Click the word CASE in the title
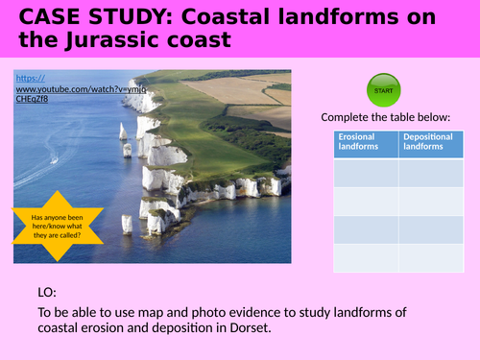(39, 17)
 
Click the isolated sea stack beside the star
(127, 224)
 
